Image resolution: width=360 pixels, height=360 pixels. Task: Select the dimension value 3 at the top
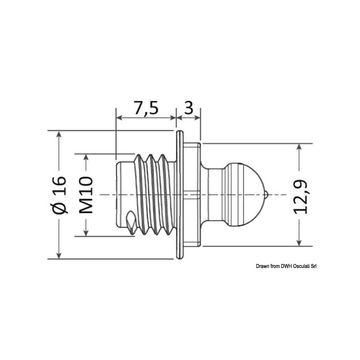tap(188, 108)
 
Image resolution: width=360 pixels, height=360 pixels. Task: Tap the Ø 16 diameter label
tap(59, 194)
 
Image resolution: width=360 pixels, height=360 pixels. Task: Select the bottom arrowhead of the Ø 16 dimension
tap(59, 255)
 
